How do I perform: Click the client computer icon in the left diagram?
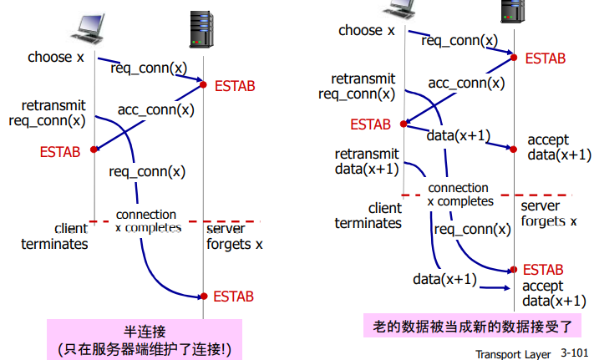pyautogui.click(x=91, y=28)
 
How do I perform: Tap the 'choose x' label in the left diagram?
pyautogui.click(x=56, y=58)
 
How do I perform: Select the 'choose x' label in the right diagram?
pyautogui.click(x=366, y=31)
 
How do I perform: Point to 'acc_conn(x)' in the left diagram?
pyautogui.click(x=155, y=109)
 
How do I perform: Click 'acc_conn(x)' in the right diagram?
pyautogui.click(x=466, y=83)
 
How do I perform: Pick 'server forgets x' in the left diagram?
pyautogui.click(x=234, y=236)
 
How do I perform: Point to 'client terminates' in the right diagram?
pyautogui.click(x=368, y=215)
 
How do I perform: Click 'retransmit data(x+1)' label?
pyautogui.click(x=366, y=162)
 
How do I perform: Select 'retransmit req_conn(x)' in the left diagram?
pyautogui.click(x=47, y=114)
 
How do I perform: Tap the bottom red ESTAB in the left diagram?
pyautogui.click(x=233, y=296)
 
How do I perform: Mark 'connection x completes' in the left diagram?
pyautogui.click(x=146, y=221)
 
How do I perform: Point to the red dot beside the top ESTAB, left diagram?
pyautogui.click(x=202, y=82)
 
